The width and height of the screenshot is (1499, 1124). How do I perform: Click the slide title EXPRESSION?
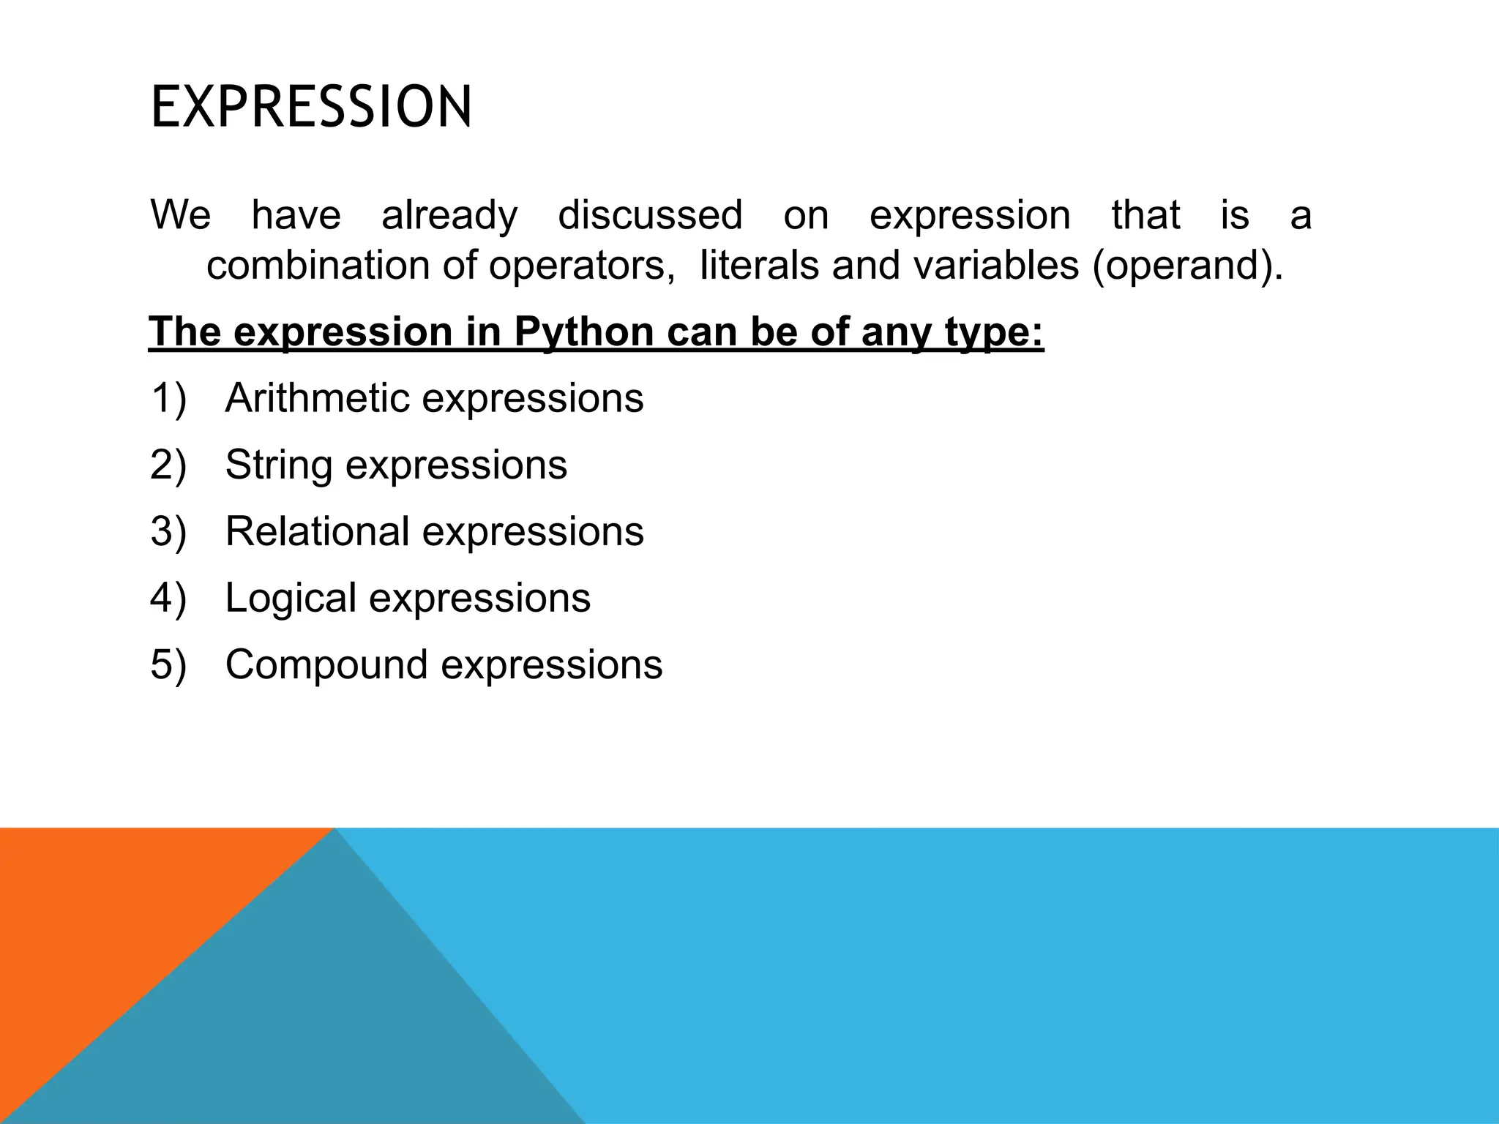click(x=311, y=108)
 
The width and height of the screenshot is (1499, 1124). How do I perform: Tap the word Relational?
click(x=317, y=531)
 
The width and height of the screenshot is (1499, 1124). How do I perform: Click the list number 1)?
click(x=168, y=399)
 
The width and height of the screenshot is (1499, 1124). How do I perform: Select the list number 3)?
click(x=168, y=532)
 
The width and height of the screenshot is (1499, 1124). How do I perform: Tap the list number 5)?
click(x=168, y=665)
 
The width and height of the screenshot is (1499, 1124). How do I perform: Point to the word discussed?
click(x=650, y=215)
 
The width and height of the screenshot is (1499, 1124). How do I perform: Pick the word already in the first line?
click(x=449, y=216)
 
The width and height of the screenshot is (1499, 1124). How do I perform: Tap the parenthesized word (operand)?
click(x=1187, y=265)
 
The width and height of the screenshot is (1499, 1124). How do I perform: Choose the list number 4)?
click(x=168, y=599)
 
